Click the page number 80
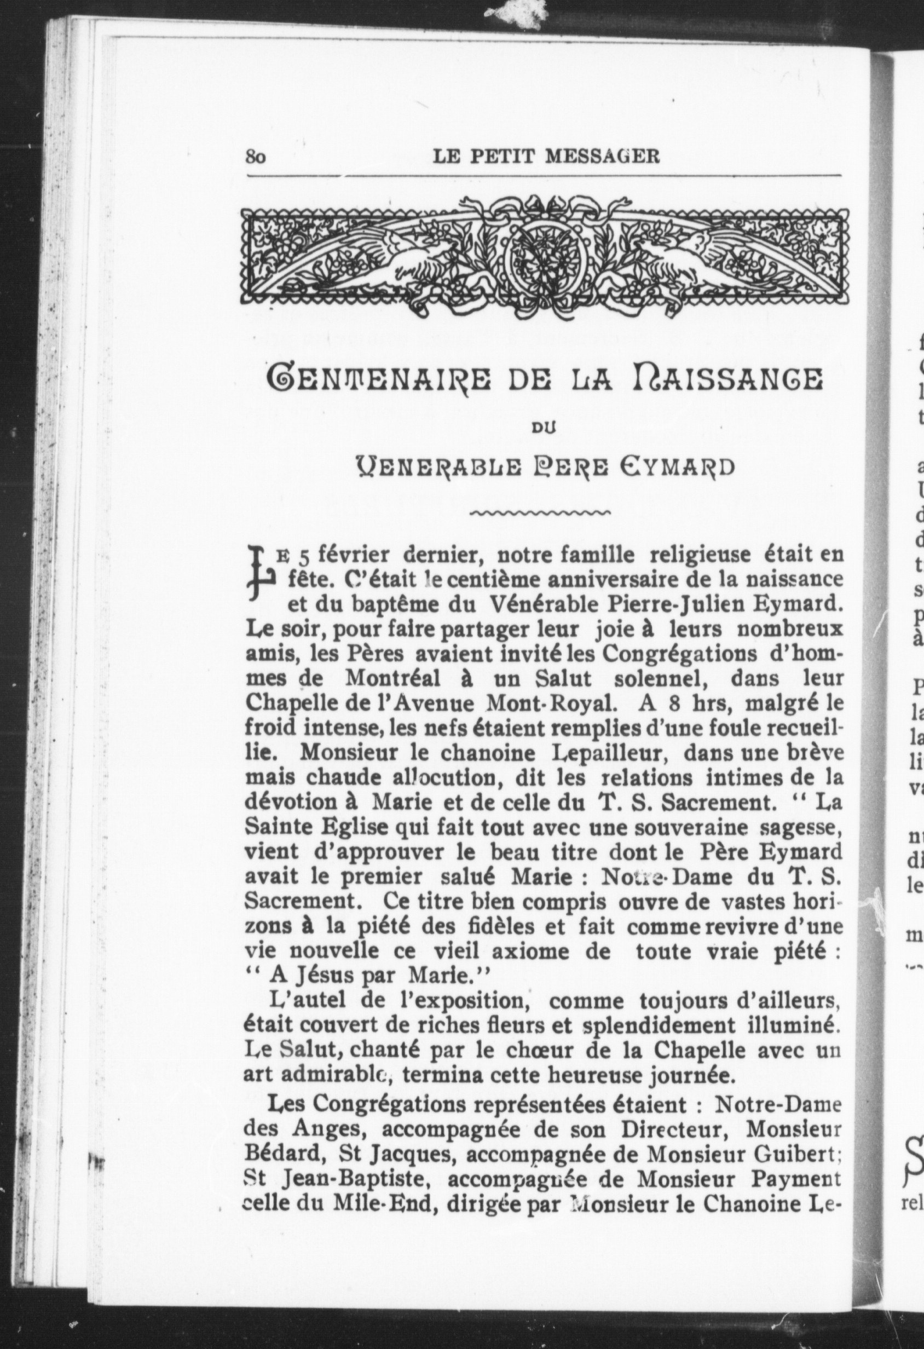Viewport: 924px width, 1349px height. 256,157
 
